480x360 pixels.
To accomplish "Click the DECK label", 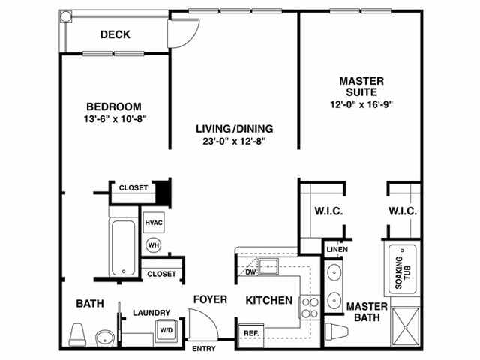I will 115,34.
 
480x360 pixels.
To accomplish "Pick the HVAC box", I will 154,223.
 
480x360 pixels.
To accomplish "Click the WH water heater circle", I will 153,244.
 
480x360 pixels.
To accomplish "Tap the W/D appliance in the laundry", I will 165,328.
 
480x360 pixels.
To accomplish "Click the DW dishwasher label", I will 250,271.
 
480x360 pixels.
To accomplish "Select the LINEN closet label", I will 336,249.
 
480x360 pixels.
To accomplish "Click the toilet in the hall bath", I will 77,334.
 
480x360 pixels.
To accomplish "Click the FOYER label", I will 210,299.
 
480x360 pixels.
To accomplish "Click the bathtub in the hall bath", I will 121,247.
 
